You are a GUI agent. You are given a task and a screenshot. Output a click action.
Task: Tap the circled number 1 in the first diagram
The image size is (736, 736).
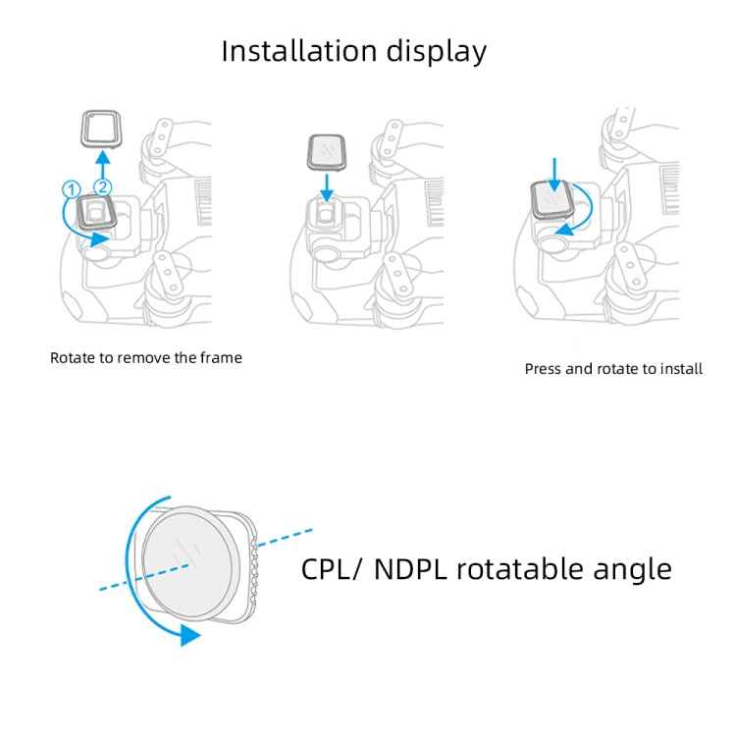(70, 188)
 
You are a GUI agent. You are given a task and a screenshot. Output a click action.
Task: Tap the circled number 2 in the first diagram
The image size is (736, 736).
(100, 186)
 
